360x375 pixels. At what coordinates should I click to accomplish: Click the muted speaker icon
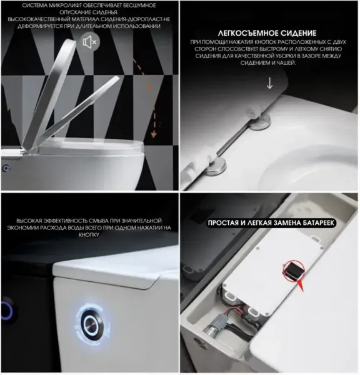pyautogui.click(x=89, y=43)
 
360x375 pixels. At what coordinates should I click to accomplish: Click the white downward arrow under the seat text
pyautogui.click(x=269, y=82)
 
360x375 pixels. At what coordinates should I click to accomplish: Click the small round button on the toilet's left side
pyautogui.click(x=6, y=168)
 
